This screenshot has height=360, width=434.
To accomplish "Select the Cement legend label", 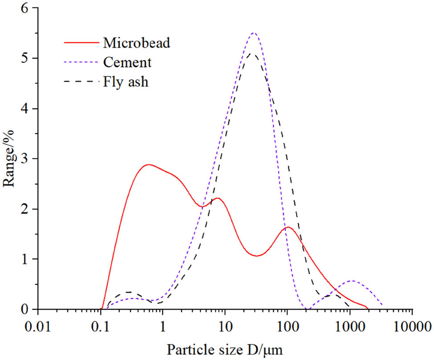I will pos(127,62).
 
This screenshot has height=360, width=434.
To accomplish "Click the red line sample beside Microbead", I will pos(80,43).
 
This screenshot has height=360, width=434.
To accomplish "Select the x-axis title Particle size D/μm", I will pos(225,348).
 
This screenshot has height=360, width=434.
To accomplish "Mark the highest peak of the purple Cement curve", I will pos(254,33).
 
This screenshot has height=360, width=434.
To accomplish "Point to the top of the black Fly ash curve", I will pos(252,53).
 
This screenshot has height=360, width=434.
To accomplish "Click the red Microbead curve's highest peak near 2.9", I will pos(148,165).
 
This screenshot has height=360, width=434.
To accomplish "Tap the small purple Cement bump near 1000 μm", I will pos(352,281).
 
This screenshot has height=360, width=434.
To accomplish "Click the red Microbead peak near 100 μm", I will pos(288,227).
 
